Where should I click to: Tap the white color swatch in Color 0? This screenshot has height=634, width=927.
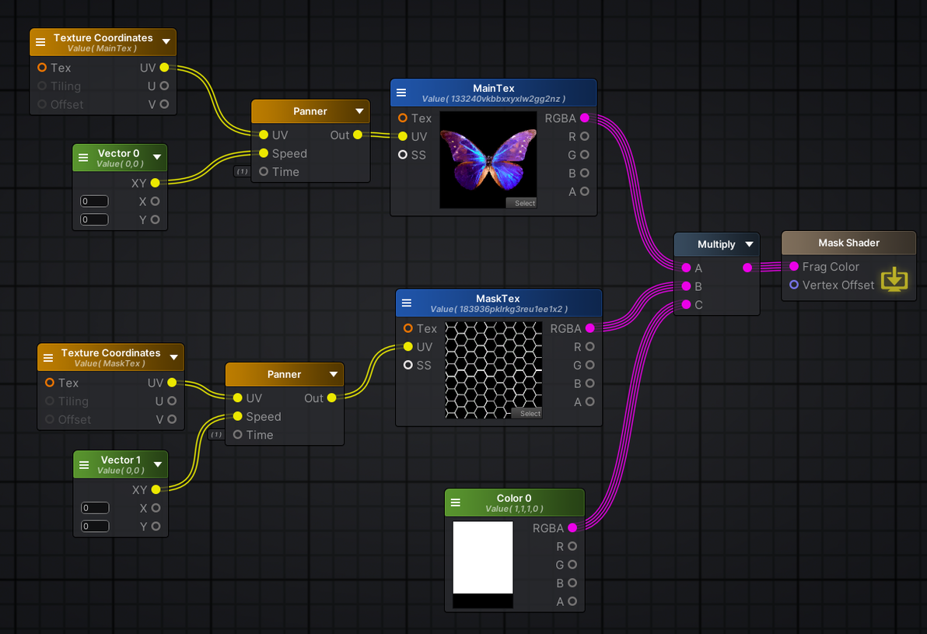483,558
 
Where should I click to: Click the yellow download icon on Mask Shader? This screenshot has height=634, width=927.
894,278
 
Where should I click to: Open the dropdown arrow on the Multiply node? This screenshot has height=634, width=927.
749,244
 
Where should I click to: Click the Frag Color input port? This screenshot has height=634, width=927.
794,266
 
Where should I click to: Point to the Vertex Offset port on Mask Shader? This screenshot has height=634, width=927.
794,285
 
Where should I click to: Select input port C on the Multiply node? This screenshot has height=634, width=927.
686,305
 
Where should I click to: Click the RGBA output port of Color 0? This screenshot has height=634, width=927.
572,528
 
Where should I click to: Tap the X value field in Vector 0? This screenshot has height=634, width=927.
94,201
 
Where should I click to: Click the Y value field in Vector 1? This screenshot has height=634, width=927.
95,527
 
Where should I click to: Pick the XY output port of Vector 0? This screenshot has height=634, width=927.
155,183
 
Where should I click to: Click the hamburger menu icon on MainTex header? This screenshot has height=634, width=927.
401,93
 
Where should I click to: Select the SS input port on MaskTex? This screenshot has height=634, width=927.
408,365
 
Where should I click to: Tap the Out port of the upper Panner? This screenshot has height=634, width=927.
357,135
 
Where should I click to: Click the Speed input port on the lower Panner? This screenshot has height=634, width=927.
238,416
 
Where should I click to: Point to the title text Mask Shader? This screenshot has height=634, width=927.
848,243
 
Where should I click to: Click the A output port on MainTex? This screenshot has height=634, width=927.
584,191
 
